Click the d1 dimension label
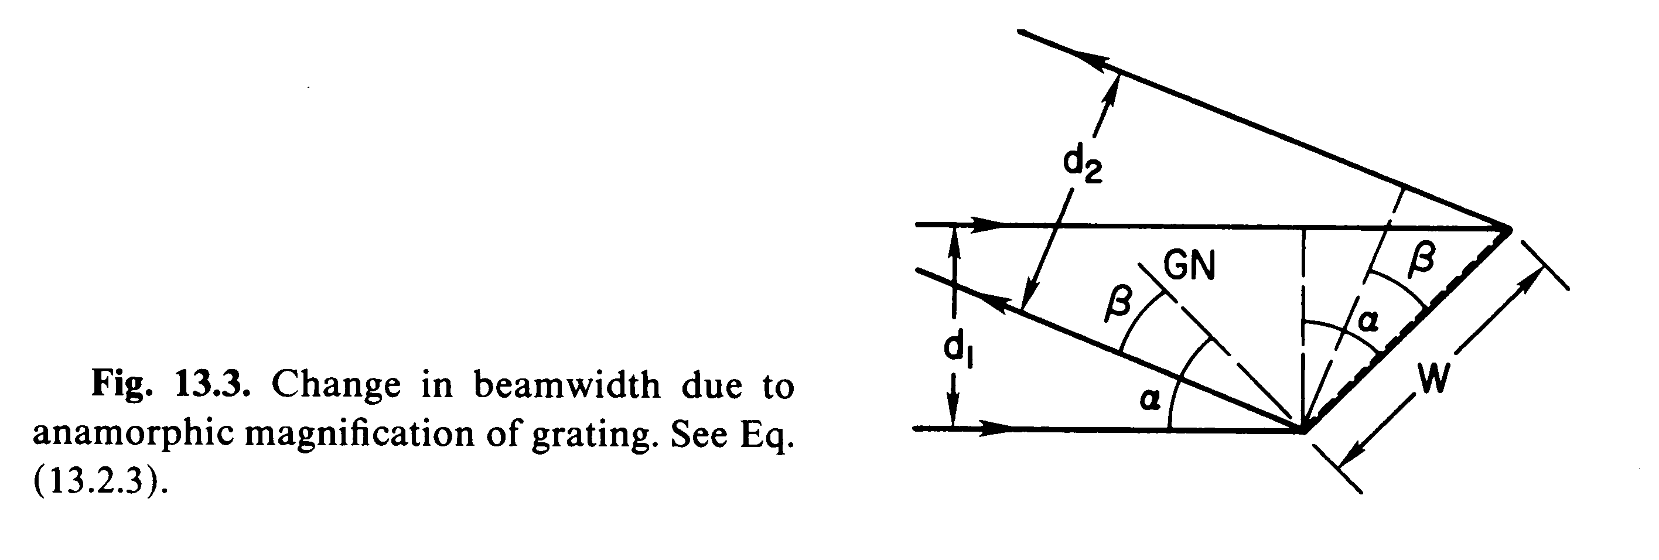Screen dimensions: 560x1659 pos(958,351)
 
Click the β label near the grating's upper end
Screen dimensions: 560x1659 pos(1421,259)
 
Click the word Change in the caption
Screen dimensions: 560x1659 pos(336,385)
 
